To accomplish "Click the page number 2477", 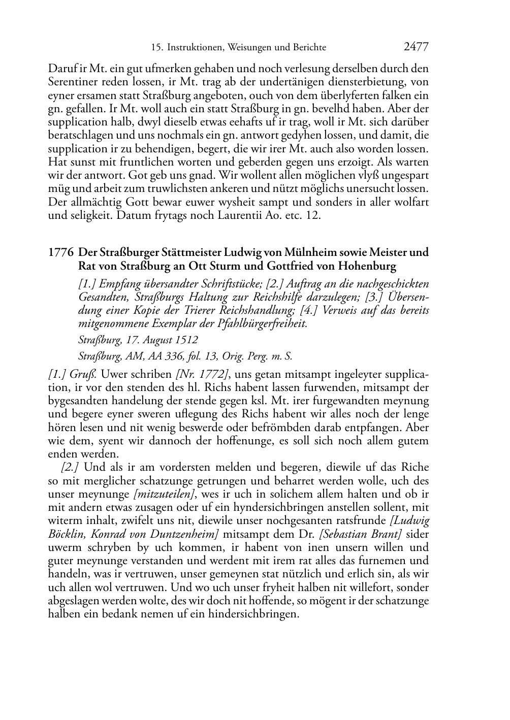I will (x=416, y=47).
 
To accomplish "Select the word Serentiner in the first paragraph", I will (x=73, y=82).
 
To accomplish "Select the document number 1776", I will (x=60, y=252).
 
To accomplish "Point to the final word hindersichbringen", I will (x=253, y=614).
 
